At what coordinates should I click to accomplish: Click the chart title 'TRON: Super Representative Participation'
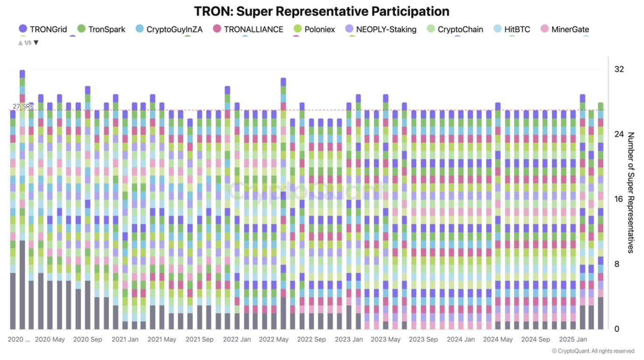[322, 12]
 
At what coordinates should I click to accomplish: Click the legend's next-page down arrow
[36, 43]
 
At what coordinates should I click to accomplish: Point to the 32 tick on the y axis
[619, 69]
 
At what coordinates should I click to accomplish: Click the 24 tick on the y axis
[619, 134]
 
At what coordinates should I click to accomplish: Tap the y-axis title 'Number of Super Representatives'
[631, 193]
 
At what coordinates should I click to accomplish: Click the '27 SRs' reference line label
[22, 106]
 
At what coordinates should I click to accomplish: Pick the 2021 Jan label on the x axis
[124, 339]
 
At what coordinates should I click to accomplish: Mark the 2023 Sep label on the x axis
[423, 339]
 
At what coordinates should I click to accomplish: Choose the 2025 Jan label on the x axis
[573, 339]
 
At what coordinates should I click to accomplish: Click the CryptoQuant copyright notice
[593, 351]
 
